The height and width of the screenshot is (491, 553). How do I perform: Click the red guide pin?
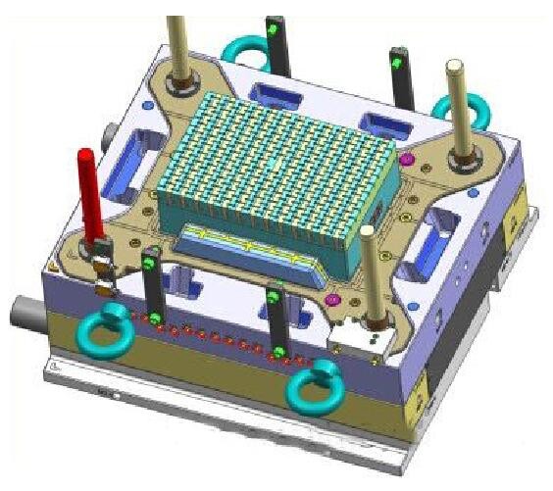click(89, 190)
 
